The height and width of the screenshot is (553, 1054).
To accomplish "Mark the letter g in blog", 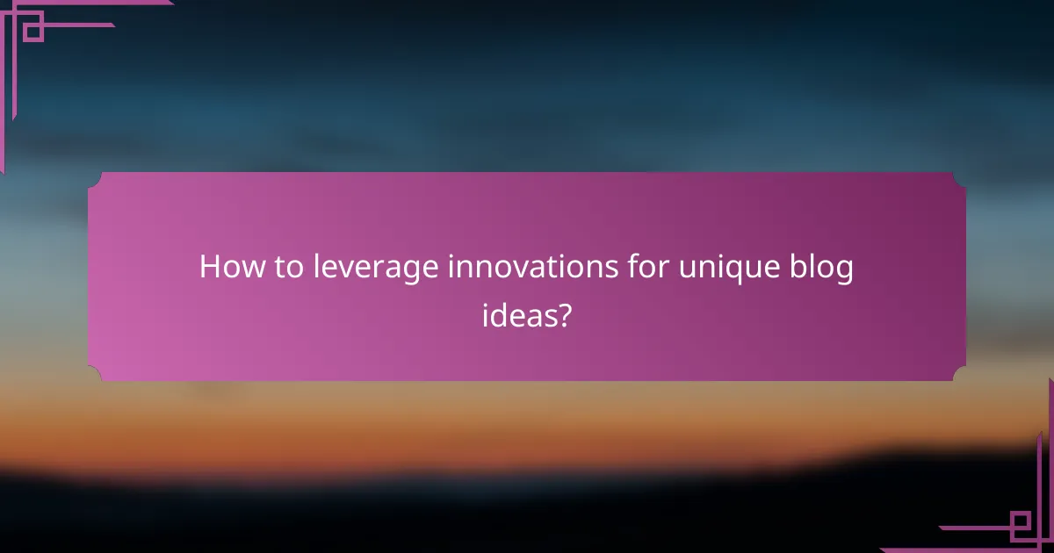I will (843, 271).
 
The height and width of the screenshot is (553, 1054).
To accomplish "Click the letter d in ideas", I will (501, 315).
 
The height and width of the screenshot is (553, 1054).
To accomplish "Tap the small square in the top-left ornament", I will (33, 30).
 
